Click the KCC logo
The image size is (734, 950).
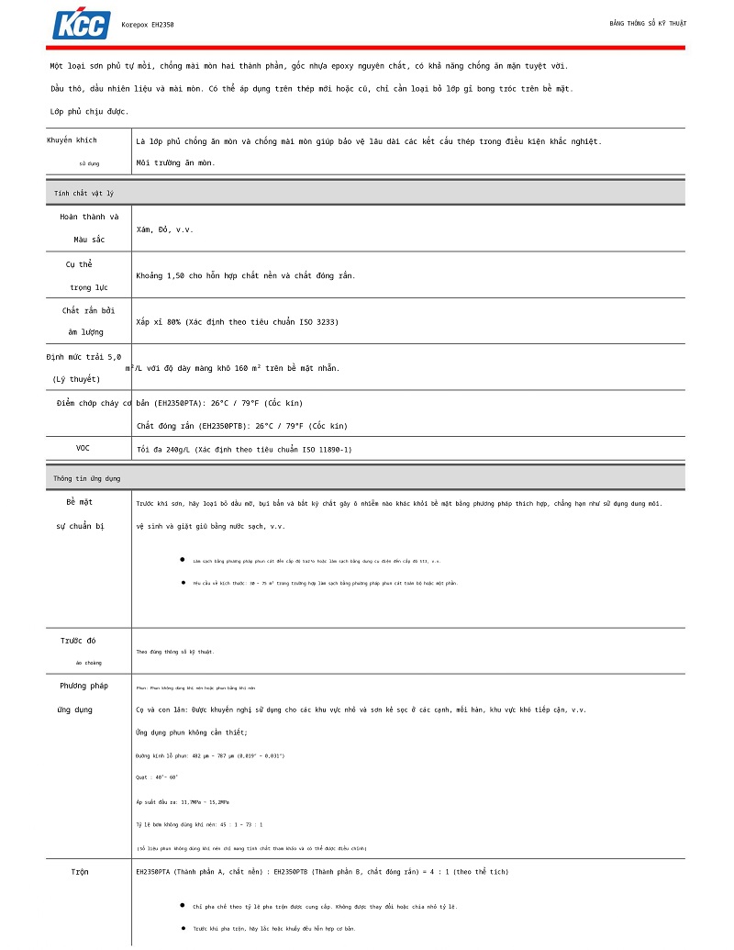(x=82, y=24)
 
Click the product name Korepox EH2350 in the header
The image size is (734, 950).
(x=148, y=25)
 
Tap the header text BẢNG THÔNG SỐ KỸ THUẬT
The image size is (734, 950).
(x=648, y=23)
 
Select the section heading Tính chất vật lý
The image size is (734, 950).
(x=83, y=194)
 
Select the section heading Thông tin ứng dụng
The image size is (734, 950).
(x=86, y=478)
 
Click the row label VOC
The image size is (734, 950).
(x=83, y=448)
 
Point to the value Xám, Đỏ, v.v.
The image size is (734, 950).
(x=165, y=229)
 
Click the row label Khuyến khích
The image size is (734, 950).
(x=72, y=140)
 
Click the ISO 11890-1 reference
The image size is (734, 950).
(x=318, y=450)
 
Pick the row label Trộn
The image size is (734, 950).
(x=80, y=871)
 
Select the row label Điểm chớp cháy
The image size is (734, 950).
(x=87, y=403)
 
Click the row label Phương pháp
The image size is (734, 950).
(x=83, y=686)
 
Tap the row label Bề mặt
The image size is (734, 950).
(x=79, y=502)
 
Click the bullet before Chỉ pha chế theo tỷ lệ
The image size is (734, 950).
(x=182, y=905)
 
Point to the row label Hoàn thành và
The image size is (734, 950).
(x=89, y=217)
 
